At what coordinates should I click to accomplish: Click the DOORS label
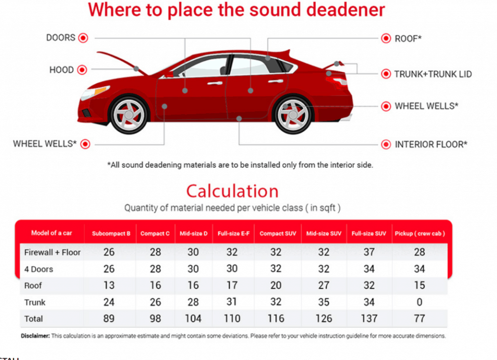tap(61, 38)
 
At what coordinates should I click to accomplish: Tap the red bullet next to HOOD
tap(82, 70)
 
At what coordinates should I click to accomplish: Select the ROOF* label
tap(408, 38)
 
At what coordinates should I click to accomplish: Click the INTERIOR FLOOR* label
tap(431, 144)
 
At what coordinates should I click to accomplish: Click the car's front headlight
tap(95, 92)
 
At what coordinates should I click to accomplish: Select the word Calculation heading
tap(232, 191)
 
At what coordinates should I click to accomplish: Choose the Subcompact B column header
tap(111, 234)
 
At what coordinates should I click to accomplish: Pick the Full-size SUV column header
tap(369, 234)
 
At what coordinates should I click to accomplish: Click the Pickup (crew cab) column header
tap(420, 234)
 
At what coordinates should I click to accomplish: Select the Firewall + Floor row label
tap(52, 252)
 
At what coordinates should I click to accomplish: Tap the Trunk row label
tap(35, 302)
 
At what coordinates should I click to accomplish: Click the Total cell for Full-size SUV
tap(369, 319)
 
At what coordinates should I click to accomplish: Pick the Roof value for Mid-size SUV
tap(324, 286)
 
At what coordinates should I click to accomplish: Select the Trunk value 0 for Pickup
tap(420, 302)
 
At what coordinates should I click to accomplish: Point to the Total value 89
tap(109, 319)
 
